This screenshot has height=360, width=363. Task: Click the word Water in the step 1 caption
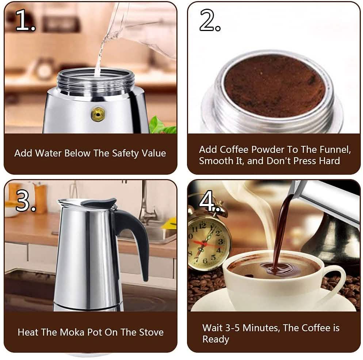48,153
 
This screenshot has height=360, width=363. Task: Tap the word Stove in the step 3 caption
151,332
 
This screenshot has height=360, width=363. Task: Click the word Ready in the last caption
215,339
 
